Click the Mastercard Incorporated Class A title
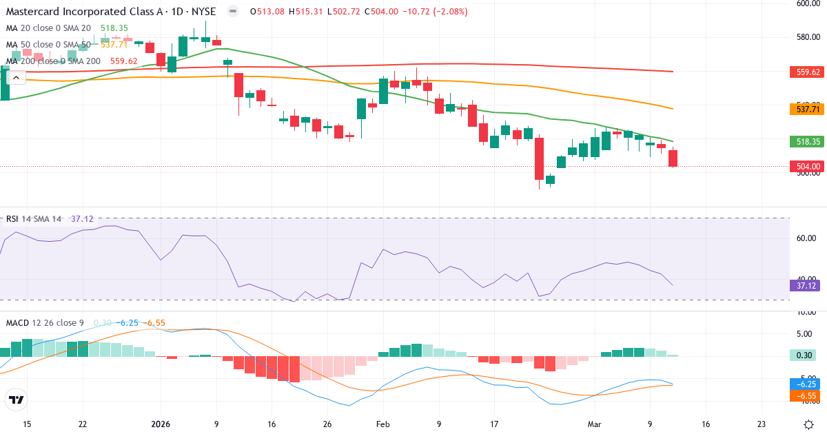point(83,11)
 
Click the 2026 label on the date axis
point(160,424)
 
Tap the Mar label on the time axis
point(594,424)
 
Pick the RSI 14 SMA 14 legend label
point(34,218)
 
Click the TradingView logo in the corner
point(17,400)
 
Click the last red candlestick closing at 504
point(673,158)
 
